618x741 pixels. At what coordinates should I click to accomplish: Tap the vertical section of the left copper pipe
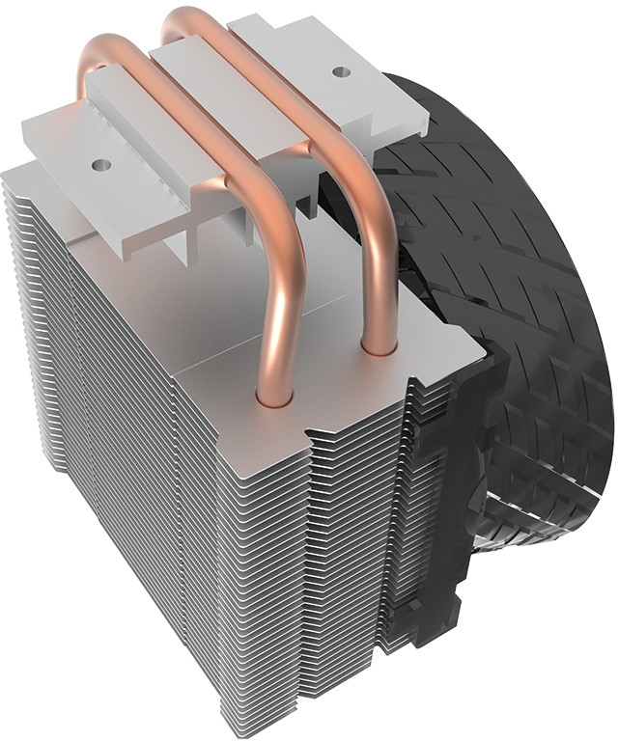point(284,318)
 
